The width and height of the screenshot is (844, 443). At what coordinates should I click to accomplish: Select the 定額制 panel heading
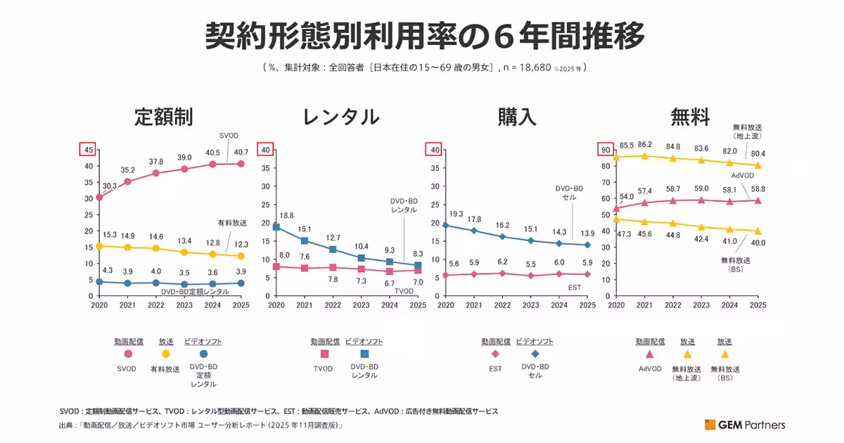(x=164, y=117)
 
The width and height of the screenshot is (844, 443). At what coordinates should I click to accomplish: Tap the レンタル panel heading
(x=340, y=117)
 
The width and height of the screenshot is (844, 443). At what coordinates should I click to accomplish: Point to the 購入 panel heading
(x=517, y=117)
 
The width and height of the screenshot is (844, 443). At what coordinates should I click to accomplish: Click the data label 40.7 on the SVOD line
(x=241, y=151)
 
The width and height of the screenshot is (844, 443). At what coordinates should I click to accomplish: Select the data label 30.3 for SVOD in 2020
(x=110, y=186)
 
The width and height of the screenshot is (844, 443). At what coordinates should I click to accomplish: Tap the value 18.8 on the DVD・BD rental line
(x=286, y=215)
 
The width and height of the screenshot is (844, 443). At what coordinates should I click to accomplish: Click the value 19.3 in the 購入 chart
(x=456, y=213)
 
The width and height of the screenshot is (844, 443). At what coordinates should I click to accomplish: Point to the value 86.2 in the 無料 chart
(x=644, y=144)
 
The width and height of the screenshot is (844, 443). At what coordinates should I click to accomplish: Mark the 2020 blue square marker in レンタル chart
(x=276, y=227)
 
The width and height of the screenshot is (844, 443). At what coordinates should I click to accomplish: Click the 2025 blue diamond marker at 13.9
(x=588, y=245)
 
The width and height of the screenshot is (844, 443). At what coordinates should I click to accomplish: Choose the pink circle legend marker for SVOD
(x=129, y=354)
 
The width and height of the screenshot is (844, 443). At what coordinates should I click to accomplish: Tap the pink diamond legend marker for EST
(x=495, y=354)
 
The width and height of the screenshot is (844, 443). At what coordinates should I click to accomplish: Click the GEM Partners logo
(x=746, y=424)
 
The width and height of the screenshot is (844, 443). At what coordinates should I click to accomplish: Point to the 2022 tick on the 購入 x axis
(x=502, y=305)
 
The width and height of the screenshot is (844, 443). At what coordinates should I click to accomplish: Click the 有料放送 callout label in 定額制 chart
(x=232, y=223)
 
